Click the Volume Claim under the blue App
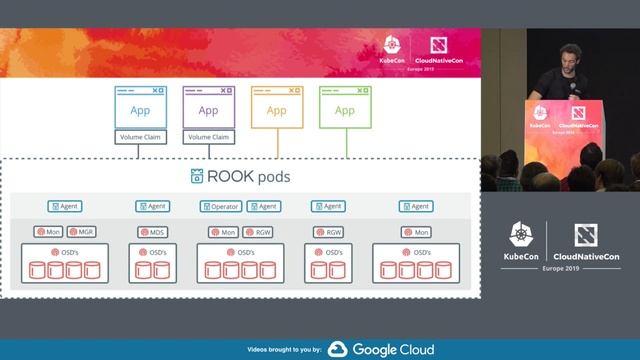coord(139,136)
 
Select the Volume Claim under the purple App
coord(207,136)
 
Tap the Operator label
coord(221,206)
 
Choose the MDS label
coord(152,231)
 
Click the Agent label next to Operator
coord(264,206)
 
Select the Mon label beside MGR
coord(50,231)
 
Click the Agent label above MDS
coord(152,206)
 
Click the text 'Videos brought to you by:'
coord(284,350)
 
